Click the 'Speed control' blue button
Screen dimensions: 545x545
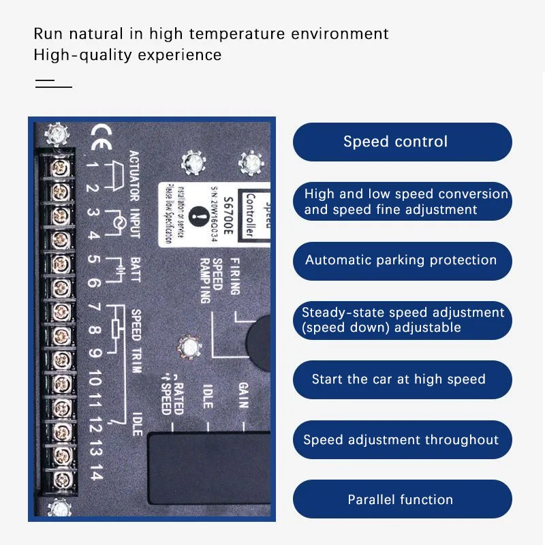tap(402, 142)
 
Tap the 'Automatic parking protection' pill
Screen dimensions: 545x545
tap(402, 260)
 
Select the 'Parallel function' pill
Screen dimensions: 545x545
tap(402, 499)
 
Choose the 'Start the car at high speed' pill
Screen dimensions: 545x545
tap(402, 379)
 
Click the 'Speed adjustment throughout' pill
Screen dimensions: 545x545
tap(402, 440)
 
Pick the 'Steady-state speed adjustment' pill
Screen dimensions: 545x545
tap(402, 320)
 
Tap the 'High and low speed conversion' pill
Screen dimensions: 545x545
tap(402, 202)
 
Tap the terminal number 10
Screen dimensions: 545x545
tap(95, 378)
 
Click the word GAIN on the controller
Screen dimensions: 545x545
tap(243, 395)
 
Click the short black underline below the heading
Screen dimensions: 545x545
tap(53, 87)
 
